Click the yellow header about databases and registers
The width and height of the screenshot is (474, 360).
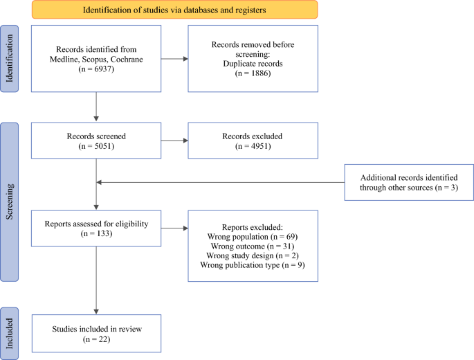click(175, 10)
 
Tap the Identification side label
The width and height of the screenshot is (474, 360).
click(10, 58)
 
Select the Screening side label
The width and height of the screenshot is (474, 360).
click(10, 201)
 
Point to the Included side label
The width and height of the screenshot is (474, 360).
click(10, 334)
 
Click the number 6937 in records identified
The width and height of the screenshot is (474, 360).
click(104, 69)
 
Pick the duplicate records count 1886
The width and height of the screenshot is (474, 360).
click(261, 73)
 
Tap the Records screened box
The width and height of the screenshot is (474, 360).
click(96, 141)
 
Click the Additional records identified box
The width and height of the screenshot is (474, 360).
click(409, 182)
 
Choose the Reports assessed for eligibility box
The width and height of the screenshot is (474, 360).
click(96, 228)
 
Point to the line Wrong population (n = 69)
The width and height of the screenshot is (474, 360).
click(253, 237)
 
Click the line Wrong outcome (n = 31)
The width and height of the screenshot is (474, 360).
click(253, 246)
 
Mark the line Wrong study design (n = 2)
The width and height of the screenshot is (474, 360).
click(253, 255)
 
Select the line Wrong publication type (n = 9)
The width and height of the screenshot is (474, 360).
click(253, 265)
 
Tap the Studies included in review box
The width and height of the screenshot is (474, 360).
click(96, 334)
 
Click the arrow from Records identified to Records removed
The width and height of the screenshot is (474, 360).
click(174, 59)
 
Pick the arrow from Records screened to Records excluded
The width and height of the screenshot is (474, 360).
click(174, 141)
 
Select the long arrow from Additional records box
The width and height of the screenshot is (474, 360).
click(220, 182)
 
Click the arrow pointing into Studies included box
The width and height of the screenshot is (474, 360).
click(96, 280)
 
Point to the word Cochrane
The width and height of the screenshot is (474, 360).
click(127, 60)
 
